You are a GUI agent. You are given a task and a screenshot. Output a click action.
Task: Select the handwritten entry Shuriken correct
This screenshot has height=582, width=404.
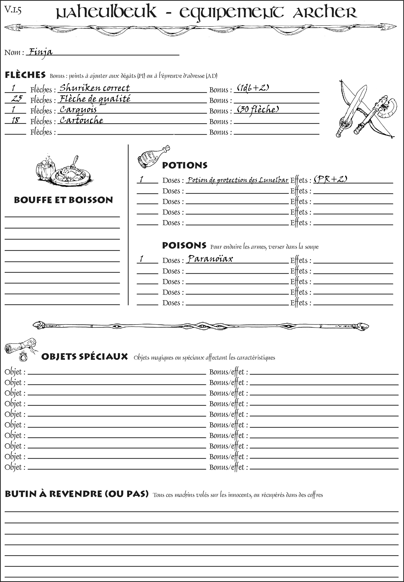[x=94, y=88]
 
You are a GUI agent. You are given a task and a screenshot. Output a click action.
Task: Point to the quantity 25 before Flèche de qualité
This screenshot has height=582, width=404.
[x=17, y=99]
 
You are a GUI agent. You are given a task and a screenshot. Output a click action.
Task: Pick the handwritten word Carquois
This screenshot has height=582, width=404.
[x=78, y=109]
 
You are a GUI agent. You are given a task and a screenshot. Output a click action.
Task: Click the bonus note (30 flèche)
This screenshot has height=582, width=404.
[x=258, y=109]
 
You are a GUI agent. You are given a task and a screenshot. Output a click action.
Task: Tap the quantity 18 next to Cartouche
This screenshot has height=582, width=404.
[x=16, y=120]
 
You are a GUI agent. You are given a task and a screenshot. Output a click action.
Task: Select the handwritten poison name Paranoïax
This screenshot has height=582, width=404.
[x=210, y=259]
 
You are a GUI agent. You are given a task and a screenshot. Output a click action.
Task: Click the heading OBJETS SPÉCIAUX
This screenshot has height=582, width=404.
[x=84, y=357]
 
